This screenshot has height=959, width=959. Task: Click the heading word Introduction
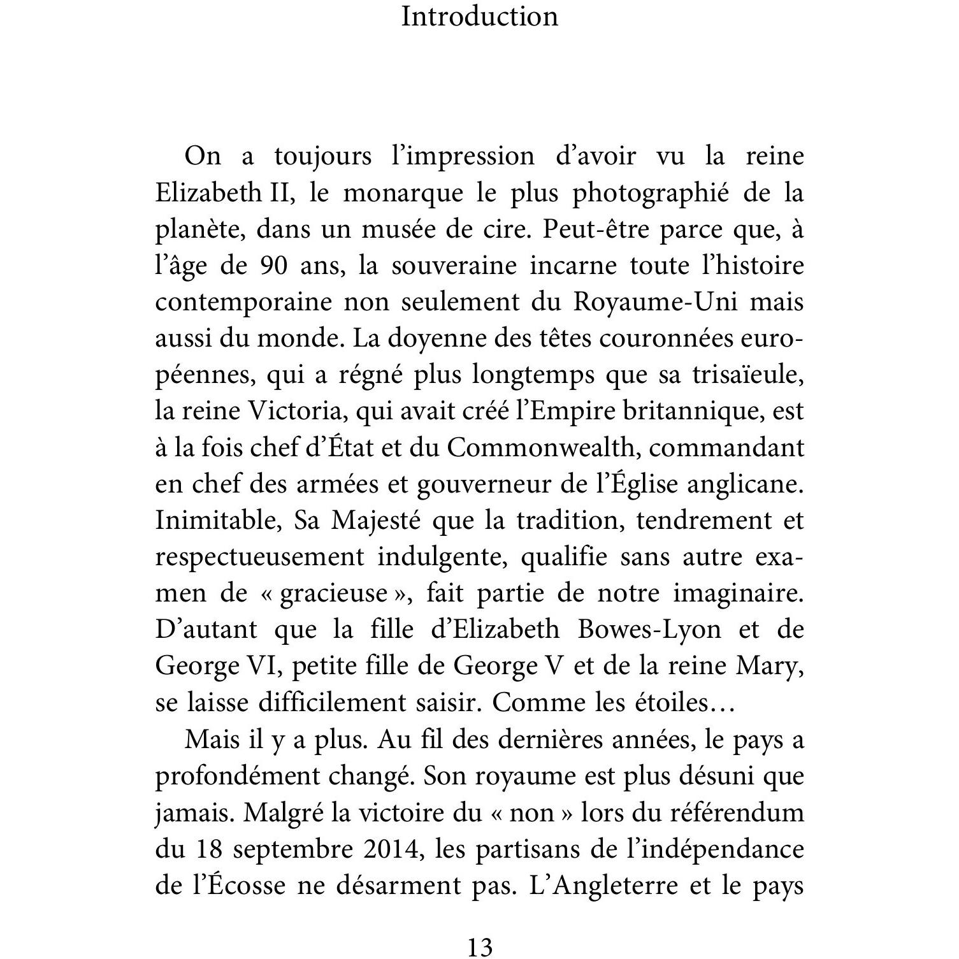pyautogui.click(x=479, y=17)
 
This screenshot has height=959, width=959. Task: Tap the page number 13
pyautogui.click(x=479, y=947)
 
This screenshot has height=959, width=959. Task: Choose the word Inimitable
pyautogui.click(x=218, y=521)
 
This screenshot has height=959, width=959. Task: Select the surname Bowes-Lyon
pyautogui.click(x=649, y=630)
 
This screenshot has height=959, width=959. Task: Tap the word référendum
pyautogui.click(x=742, y=814)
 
